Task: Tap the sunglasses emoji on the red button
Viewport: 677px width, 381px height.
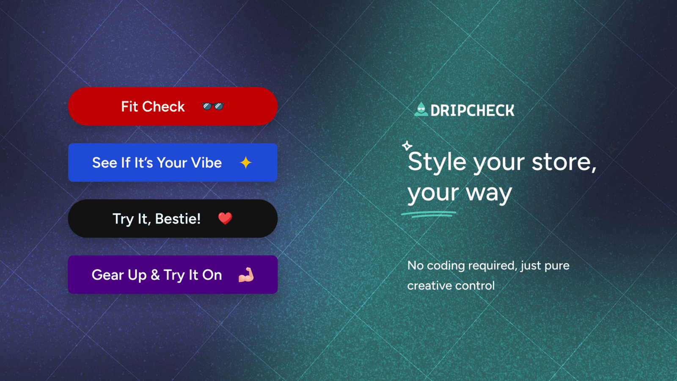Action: pyautogui.click(x=213, y=106)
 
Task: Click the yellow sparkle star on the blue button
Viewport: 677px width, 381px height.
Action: pyautogui.click(x=246, y=163)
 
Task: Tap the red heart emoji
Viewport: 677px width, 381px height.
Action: pyautogui.click(x=225, y=218)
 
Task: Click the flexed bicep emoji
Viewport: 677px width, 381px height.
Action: pyautogui.click(x=246, y=275)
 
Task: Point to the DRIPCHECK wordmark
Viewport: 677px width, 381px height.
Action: pyautogui.click(x=472, y=110)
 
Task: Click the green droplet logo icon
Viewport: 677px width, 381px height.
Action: pyautogui.click(x=421, y=110)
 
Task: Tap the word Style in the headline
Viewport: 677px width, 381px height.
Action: pyautogui.click(x=437, y=162)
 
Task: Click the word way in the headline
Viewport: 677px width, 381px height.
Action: pyautogui.click(x=489, y=193)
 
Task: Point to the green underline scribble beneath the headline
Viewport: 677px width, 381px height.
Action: pyautogui.click(x=428, y=214)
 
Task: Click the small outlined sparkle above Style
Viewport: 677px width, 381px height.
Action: pyautogui.click(x=407, y=146)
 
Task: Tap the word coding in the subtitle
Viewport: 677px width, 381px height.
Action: pyautogui.click(x=446, y=266)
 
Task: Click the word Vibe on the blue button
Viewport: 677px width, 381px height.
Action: pyautogui.click(x=206, y=163)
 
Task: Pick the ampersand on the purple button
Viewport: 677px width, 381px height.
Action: pyautogui.click(x=155, y=275)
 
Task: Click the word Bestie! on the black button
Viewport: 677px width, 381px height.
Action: pyautogui.click(x=178, y=219)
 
